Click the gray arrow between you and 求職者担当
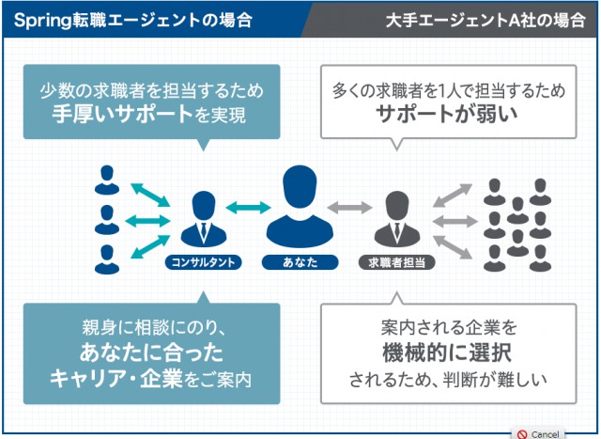click(347, 207)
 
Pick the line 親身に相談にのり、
click(150, 328)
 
